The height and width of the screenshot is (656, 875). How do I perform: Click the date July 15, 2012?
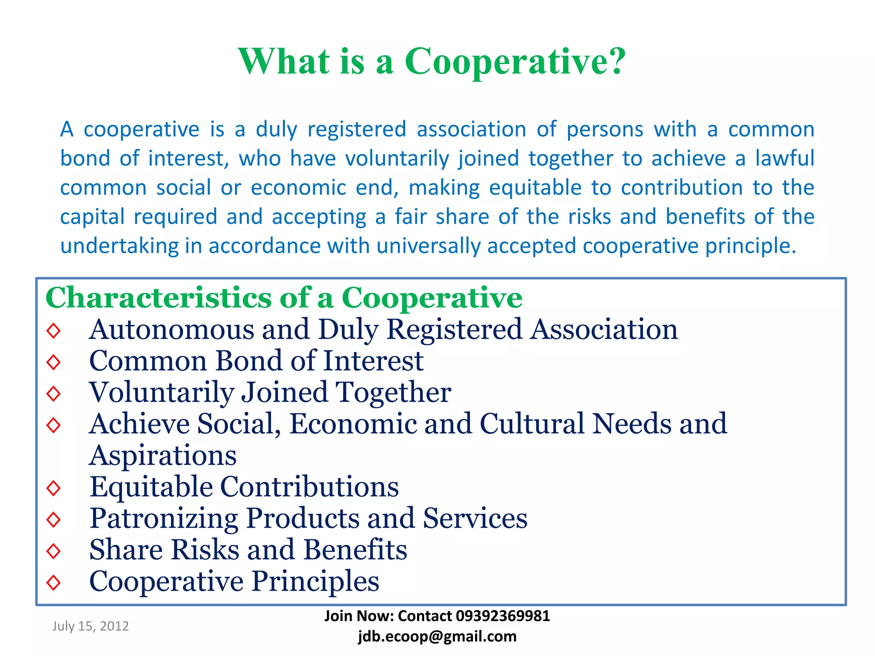[91, 626]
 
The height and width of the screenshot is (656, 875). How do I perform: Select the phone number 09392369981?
[503, 616]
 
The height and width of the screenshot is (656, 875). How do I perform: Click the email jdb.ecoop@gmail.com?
[437, 636]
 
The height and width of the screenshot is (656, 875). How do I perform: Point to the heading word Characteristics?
[158, 297]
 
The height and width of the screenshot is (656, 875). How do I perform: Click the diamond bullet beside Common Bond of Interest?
[54, 362]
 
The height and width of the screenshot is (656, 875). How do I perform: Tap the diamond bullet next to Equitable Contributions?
[54, 488]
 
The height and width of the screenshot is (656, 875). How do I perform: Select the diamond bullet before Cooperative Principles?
[54, 582]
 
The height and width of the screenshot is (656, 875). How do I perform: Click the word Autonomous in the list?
[171, 330]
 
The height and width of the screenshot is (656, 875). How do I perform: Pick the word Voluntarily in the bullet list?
[161, 392]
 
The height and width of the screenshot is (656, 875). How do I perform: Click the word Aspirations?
[163, 455]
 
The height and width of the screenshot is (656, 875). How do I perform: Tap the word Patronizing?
[164, 518]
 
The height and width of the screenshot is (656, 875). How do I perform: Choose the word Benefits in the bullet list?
[355, 550]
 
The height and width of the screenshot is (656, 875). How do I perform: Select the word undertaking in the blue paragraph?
[119, 246]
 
